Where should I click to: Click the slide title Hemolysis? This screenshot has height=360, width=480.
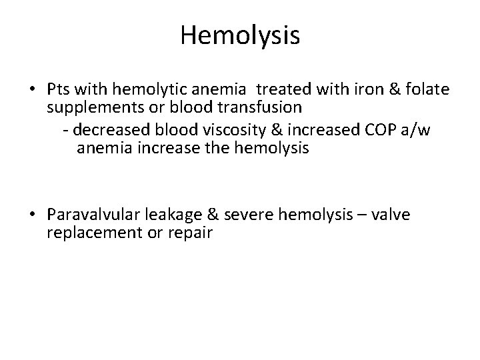tap(240, 35)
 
